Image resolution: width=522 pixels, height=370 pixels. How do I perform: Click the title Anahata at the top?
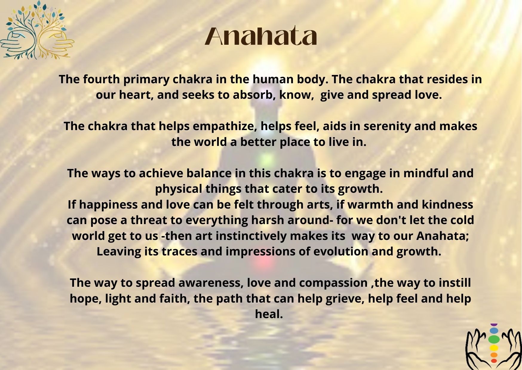coord(261,36)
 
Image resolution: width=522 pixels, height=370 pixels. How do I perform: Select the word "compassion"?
coord(333,283)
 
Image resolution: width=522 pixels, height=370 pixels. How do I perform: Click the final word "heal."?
coord(269,314)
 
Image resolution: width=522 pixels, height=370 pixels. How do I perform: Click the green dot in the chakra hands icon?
coord(494,339)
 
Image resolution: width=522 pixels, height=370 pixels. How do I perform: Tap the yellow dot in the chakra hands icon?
coord(494,348)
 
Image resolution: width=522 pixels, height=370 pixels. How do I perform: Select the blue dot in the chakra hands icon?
coord(494,331)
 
